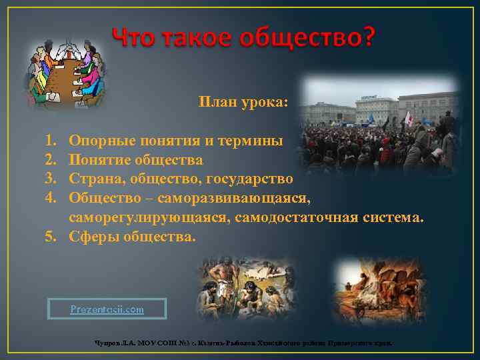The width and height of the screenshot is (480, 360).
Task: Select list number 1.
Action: tap(50, 141)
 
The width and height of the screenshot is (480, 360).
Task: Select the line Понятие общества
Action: tap(136, 160)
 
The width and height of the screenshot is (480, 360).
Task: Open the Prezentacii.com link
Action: tap(107, 309)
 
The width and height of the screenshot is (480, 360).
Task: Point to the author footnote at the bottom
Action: tap(243, 343)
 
